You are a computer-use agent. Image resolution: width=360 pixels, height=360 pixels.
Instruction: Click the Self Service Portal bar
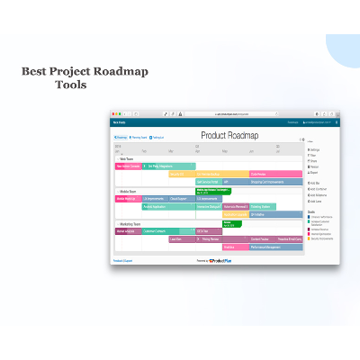tap(208, 181)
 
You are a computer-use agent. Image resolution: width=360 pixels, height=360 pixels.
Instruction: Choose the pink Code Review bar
tap(274, 174)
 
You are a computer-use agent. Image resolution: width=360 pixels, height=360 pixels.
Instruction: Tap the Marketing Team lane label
tap(130, 224)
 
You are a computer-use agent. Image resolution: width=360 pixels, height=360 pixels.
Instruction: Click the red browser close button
tap(113, 114)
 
